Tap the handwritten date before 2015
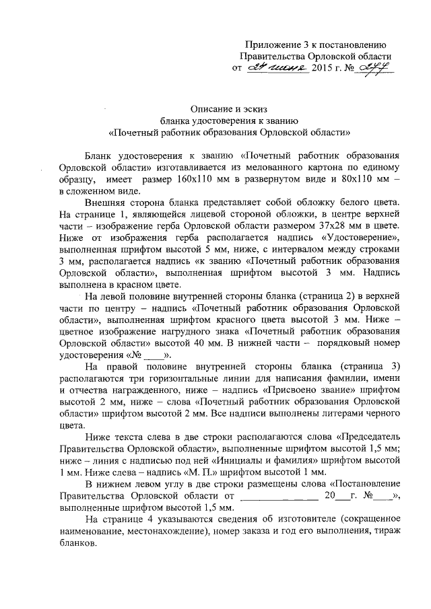click(x=278, y=67)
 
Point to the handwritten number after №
click(x=377, y=67)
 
